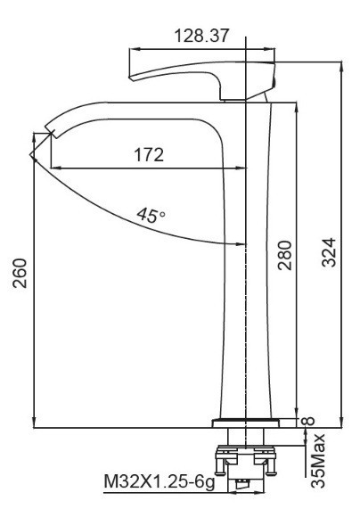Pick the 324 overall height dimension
click(x=330, y=257)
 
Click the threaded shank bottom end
click(x=243, y=486)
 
